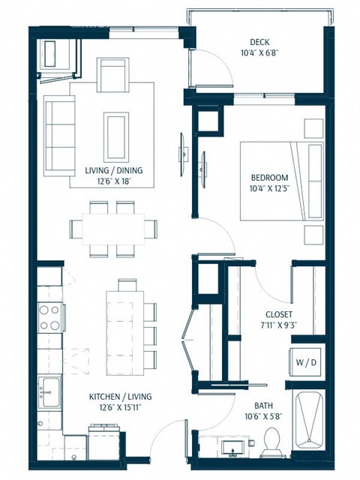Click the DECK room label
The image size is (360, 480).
(x=260, y=42)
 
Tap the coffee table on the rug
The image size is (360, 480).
(x=115, y=134)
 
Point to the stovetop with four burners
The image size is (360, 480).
(x=49, y=317)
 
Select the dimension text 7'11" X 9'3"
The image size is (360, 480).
(x=279, y=326)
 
